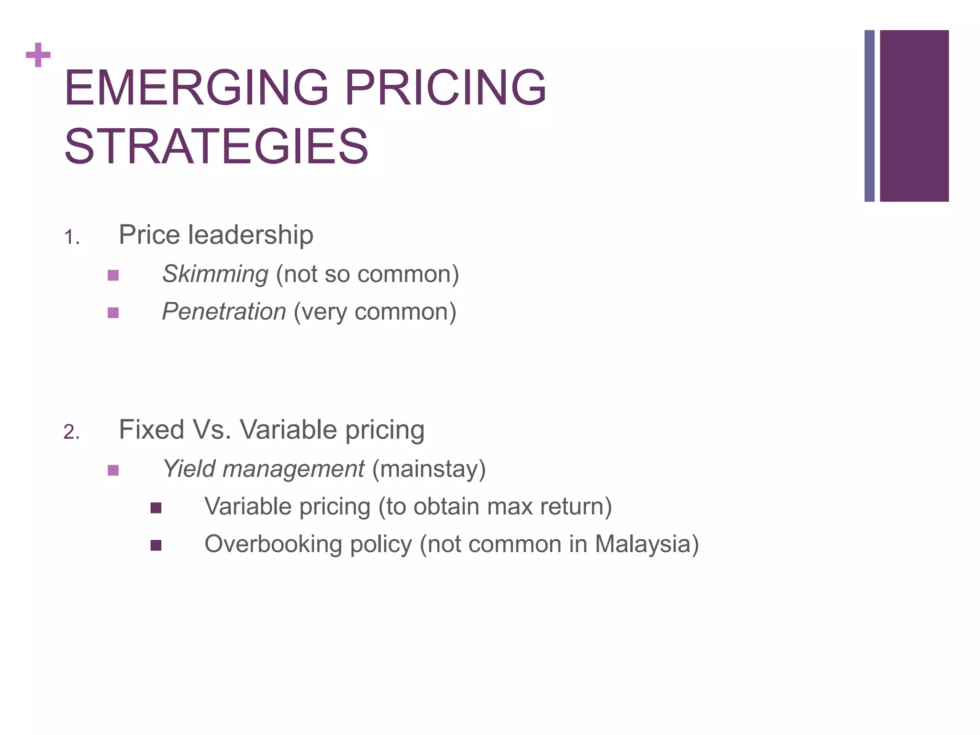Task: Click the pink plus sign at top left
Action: click(x=38, y=55)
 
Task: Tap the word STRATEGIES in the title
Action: click(x=216, y=146)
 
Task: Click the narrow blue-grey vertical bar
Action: click(x=869, y=116)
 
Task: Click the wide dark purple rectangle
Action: click(x=914, y=116)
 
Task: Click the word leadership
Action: click(x=251, y=234)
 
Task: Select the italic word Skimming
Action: click(x=215, y=274)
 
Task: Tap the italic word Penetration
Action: click(x=224, y=312)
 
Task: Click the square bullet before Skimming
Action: click(x=113, y=275)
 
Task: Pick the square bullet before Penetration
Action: click(x=113, y=313)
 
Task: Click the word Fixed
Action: click(x=151, y=429)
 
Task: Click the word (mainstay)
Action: click(x=429, y=469)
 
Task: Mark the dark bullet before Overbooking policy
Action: click(x=156, y=546)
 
